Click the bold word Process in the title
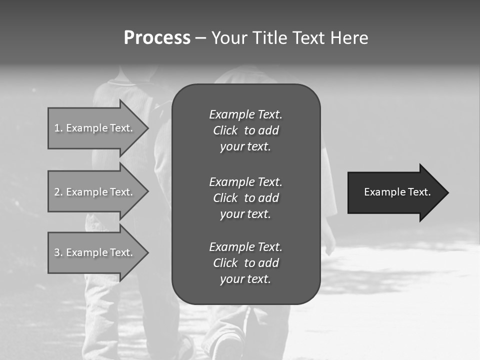157,38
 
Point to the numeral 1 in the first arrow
57,128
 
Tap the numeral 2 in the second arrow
57,192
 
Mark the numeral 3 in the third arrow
57,252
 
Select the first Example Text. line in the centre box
245,114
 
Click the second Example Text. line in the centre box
245,181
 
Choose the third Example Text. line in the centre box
245,246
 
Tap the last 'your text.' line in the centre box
245,279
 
